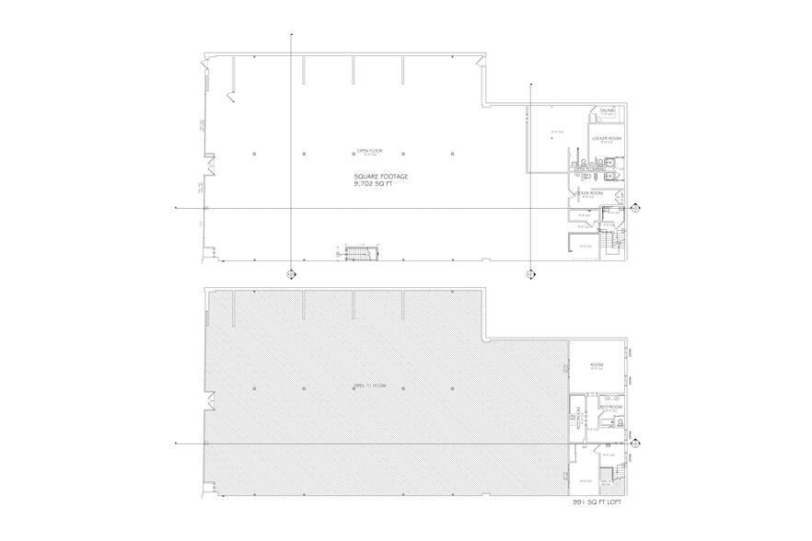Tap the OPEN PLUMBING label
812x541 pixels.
(588, 170)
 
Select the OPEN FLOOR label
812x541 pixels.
(370, 151)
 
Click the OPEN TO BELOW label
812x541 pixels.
(367, 386)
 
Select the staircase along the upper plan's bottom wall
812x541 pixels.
(355, 254)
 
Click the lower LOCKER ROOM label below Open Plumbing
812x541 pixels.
(589, 193)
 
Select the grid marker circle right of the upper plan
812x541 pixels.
(633, 209)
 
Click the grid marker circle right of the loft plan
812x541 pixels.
(633, 443)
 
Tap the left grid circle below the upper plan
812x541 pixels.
(291, 273)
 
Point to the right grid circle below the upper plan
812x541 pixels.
(529, 273)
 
